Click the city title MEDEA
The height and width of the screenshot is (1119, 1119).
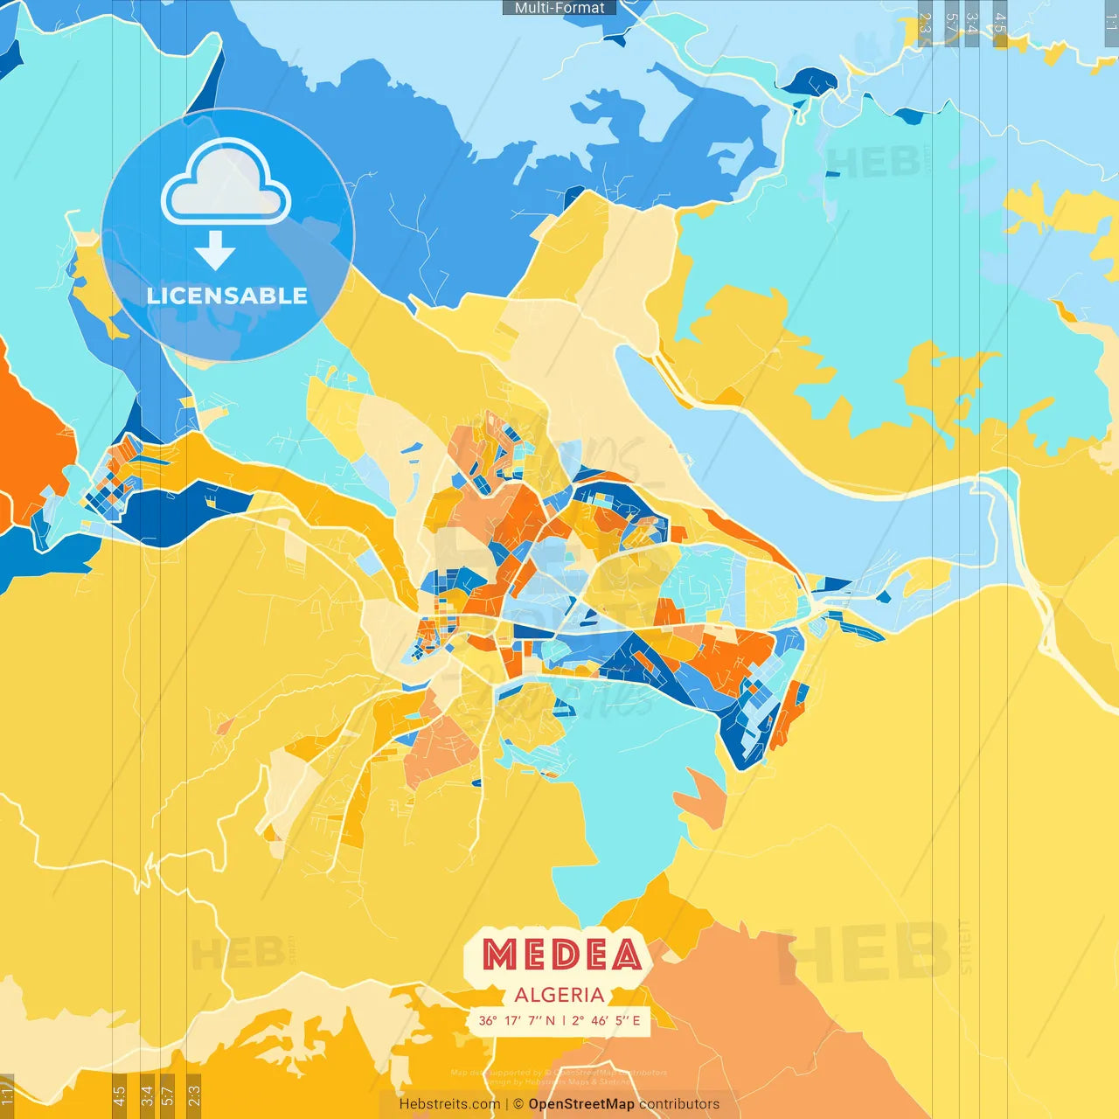pos(561,955)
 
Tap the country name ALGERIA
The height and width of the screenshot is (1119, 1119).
pos(559,995)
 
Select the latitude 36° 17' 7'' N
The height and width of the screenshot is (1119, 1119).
pos(517,1020)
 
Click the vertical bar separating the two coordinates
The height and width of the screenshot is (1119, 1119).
pos(564,1020)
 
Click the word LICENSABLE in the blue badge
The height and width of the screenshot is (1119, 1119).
pos(227,295)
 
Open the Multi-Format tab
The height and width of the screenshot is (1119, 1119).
pos(559,8)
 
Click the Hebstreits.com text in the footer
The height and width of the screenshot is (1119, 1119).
pos(449,1104)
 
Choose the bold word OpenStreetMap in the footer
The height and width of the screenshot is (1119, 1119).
pos(581,1104)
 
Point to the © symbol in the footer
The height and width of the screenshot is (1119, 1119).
pos(519,1104)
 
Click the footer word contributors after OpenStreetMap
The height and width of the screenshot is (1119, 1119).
pos(679,1104)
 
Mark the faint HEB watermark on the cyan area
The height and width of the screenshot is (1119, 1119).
pos(874,162)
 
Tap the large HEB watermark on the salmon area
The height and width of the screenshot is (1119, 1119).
pos(865,953)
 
